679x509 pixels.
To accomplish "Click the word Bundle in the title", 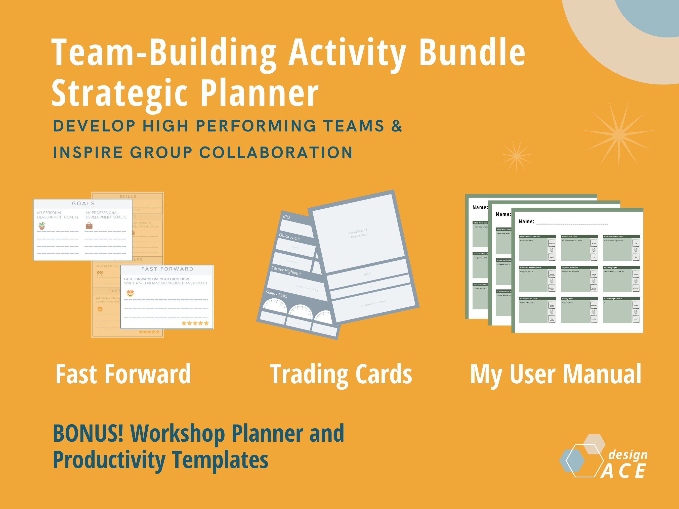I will (x=472, y=52).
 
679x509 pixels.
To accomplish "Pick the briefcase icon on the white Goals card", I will (x=89, y=226).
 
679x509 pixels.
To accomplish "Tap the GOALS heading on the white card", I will (x=83, y=203).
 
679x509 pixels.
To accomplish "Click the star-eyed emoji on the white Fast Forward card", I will (x=130, y=293).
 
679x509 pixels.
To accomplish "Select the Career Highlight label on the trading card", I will (x=286, y=271).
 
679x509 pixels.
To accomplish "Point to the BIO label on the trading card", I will (x=286, y=217).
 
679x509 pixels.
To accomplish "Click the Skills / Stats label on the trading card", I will (x=276, y=294).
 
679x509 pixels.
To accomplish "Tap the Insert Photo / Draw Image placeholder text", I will (x=358, y=234).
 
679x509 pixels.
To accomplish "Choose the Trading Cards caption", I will (x=341, y=374).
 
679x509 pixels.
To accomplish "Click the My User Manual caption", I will (x=556, y=374).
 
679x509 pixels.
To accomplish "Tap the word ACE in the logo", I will (x=623, y=471).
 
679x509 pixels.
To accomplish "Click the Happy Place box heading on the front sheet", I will (x=568, y=299).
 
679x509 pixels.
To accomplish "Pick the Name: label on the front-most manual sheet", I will (x=526, y=221).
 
